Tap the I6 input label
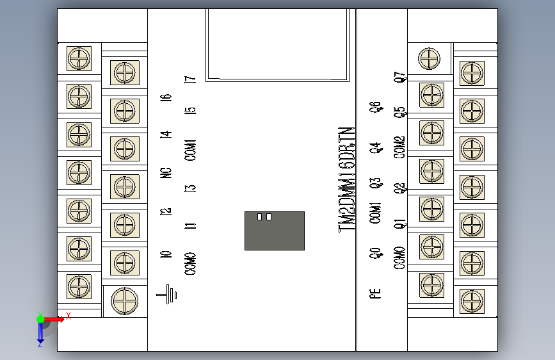point(166,97)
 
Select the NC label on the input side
point(166,172)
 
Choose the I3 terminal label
point(190,188)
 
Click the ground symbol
point(167,294)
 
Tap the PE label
point(376,293)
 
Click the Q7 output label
point(399,78)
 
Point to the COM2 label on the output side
point(399,147)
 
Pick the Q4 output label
point(376,149)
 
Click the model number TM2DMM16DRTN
point(347,180)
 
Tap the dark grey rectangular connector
point(274,231)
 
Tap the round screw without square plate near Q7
point(429,59)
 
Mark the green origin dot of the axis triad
point(40,318)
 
